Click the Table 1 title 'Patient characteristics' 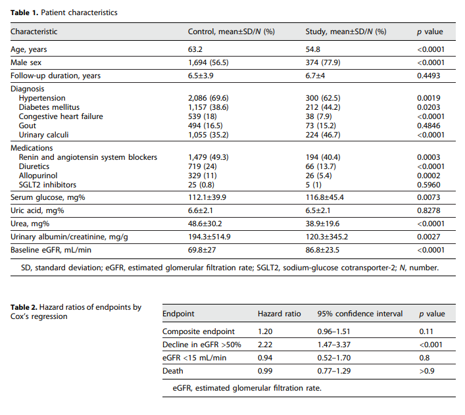pos(73,12)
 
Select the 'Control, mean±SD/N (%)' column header pos(232,32)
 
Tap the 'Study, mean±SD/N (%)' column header pos(346,32)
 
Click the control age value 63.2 pos(195,49)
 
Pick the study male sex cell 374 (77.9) pos(323,62)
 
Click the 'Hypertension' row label pos(42,98)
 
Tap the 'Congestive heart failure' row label pos(61,116)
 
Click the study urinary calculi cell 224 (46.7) pos(323,134)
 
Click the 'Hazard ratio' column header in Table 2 pos(279,314)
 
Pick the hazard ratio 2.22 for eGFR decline pos(264,345)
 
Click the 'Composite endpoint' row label pos(199,331)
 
